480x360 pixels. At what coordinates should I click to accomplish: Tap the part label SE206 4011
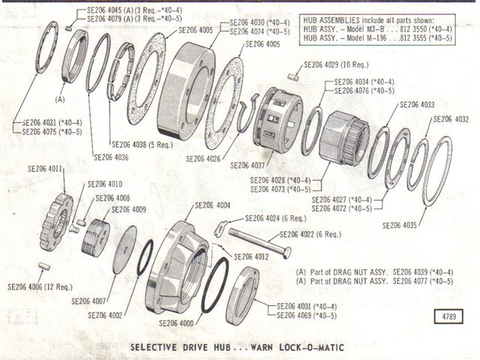(45, 169)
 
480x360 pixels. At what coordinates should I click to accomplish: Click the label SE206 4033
(418, 105)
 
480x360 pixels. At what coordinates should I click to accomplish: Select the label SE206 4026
(203, 158)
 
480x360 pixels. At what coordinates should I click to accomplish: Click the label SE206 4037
(248, 165)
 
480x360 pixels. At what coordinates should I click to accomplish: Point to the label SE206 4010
(104, 184)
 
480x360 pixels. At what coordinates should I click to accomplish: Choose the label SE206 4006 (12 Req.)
(37, 286)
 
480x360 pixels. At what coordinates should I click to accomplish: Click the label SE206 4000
(175, 323)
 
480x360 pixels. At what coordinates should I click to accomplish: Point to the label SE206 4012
(251, 256)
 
